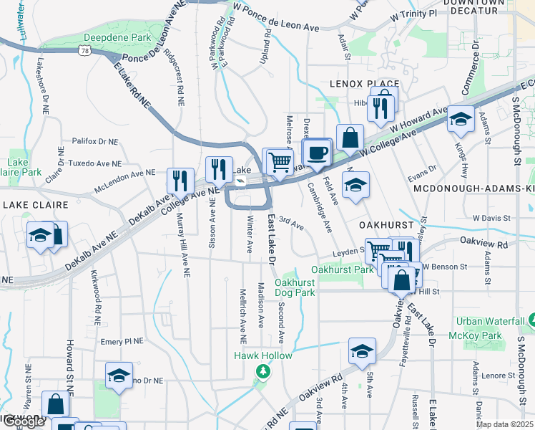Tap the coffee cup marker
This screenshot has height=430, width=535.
pos(317,152)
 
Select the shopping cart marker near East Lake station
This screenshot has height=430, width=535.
pos(278,161)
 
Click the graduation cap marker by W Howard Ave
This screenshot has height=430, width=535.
pos(460,119)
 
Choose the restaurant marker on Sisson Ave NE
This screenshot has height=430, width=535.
pos(219,169)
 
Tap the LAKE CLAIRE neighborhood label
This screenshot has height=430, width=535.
pos(35,205)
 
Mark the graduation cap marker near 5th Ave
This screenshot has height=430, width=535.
pos(362,351)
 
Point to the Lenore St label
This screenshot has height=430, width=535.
pos(499,375)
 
